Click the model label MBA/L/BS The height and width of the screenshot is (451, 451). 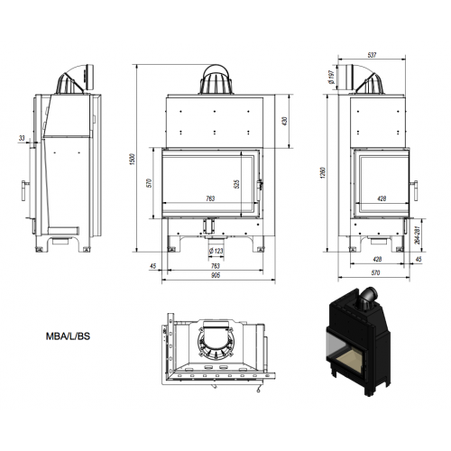point(68,336)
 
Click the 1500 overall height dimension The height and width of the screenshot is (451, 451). point(133,159)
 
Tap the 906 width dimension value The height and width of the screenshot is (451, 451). point(216,275)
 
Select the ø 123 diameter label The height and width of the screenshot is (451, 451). point(216,251)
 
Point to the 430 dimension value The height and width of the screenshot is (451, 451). point(285,121)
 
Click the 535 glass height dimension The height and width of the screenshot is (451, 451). point(236,184)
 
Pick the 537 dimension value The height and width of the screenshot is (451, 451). point(372,55)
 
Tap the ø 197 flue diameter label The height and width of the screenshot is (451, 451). point(331,77)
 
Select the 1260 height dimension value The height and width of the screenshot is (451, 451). point(323,173)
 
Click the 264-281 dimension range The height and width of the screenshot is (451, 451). point(418,235)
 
